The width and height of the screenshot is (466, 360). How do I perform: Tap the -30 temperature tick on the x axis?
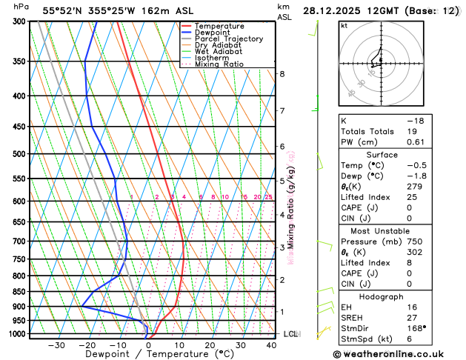tap(56, 345)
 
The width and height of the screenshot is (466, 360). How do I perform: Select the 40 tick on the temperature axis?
tap(271, 345)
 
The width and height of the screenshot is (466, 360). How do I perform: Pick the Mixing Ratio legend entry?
tap(219, 64)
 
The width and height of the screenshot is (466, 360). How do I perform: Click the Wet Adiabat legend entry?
tap(218, 52)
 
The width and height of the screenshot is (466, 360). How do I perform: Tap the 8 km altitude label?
tap(282, 74)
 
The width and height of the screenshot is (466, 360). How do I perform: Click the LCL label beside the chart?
tap(290, 334)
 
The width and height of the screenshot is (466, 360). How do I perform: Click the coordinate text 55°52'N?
tap(64, 10)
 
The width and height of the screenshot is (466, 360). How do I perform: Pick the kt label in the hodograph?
tap(344, 25)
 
